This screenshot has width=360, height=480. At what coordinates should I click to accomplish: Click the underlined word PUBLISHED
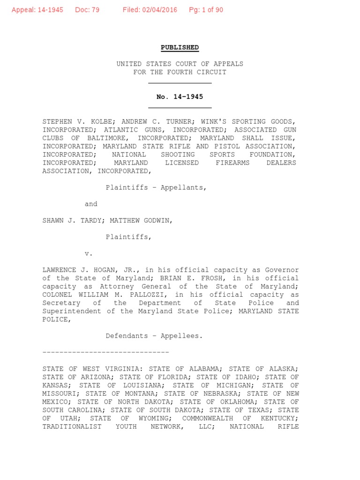pos(180,47)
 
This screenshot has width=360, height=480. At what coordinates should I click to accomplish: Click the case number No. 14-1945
pos(180,97)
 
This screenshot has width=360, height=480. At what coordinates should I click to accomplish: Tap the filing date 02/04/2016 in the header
pos(159,10)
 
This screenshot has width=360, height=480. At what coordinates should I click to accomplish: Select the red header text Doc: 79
pos(87,10)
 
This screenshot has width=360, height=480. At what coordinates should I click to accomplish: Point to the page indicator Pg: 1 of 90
pos(206,10)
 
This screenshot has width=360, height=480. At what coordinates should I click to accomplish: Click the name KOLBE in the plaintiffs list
pos(99,121)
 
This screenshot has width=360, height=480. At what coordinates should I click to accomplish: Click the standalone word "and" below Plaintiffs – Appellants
pos(91,204)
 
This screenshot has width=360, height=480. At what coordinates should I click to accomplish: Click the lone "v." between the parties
pos(89,254)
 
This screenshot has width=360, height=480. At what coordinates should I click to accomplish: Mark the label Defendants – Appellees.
pos(154,336)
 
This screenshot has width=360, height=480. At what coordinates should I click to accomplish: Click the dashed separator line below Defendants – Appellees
pos(105,352)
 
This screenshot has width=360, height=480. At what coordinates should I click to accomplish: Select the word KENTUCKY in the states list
pos(280,418)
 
